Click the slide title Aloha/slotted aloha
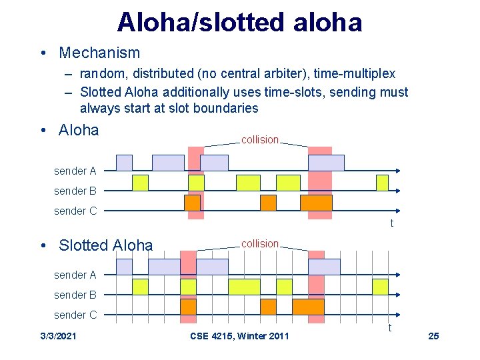pyautogui.click(x=239, y=22)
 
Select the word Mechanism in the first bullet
pyautogui.click(x=99, y=53)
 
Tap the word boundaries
pyautogui.click(x=226, y=107)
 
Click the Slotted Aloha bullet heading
pyautogui.click(x=105, y=245)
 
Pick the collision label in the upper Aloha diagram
pyautogui.click(x=259, y=140)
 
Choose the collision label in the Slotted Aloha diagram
pyautogui.click(x=259, y=244)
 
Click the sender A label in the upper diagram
pyautogui.click(x=75, y=171)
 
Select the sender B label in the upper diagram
pyautogui.click(x=75, y=191)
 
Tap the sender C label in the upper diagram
pyautogui.click(x=75, y=211)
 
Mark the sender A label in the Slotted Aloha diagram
pyautogui.click(x=75, y=275)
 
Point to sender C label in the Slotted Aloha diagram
pyautogui.click(x=75, y=315)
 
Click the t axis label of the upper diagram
pyautogui.click(x=391, y=223)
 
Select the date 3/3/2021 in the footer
pyautogui.click(x=58, y=336)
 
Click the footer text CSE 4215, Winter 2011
pyautogui.click(x=239, y=336)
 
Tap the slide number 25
pyautogui.click(x=433, y=336)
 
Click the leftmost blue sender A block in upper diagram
pyautogui.click(x=124, y=163)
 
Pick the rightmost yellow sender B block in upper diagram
pyautogui.click(x=382, y=183)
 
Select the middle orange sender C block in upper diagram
pyautogui.click(x=268, y=203)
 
